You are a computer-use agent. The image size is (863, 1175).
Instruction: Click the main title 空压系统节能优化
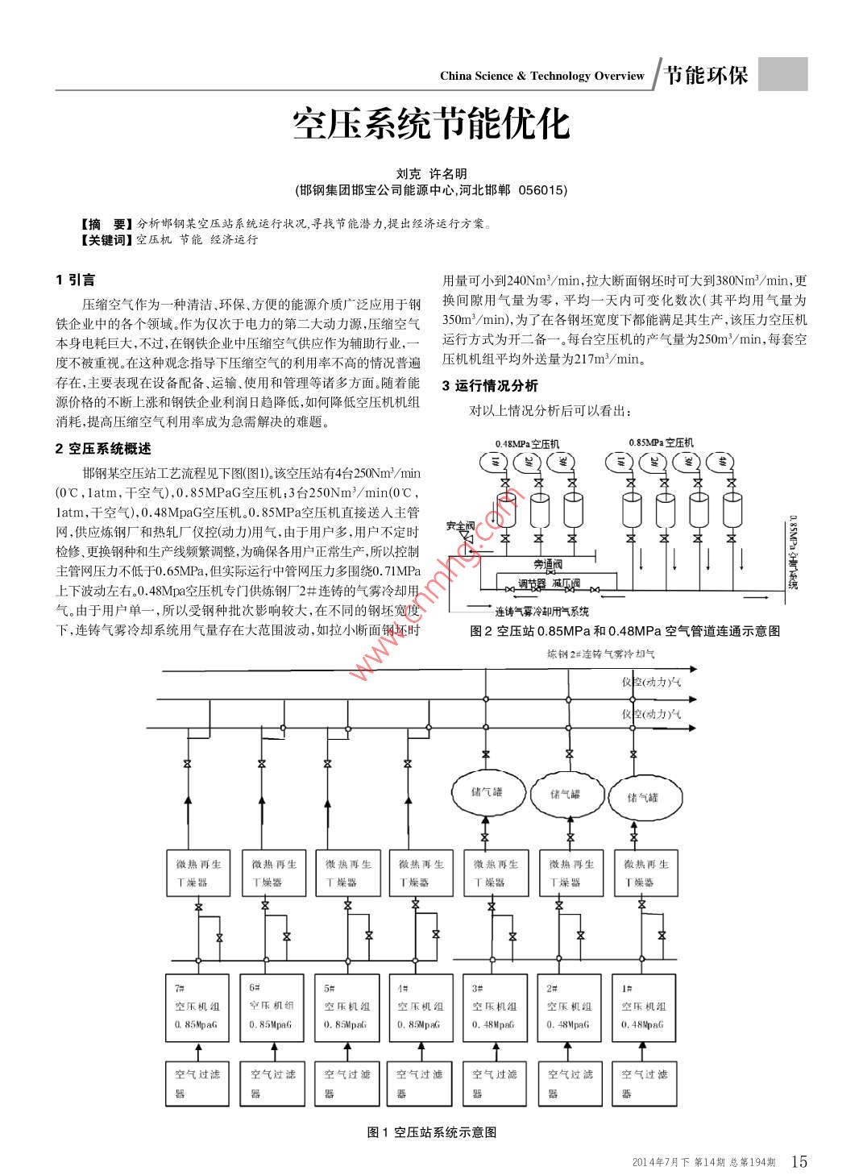click(431, 124)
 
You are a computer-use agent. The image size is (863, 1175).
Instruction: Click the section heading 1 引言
click(76, 280)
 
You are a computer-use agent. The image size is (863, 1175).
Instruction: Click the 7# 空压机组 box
click(197, 1007)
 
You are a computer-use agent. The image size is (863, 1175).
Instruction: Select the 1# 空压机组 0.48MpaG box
click(644, 1007)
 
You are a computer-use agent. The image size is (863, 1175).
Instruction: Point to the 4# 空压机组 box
click(420, 1007)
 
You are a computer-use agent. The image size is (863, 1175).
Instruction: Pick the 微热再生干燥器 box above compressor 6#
click(273, 872)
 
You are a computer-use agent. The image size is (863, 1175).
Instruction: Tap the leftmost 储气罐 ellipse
click(486, 792)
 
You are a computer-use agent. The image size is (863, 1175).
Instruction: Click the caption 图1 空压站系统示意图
click(431, 1132)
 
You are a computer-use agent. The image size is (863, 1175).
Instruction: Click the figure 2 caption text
click(624, 631)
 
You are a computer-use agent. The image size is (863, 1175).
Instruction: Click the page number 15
click(799, 1160)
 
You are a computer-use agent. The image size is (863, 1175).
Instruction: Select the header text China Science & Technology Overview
click(541, 76)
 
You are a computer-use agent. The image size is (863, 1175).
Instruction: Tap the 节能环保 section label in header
click(707, 75)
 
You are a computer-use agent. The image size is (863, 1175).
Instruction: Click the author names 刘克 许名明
click(431, 173)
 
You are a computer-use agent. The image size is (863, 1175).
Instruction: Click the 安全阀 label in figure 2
click(460, 526)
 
